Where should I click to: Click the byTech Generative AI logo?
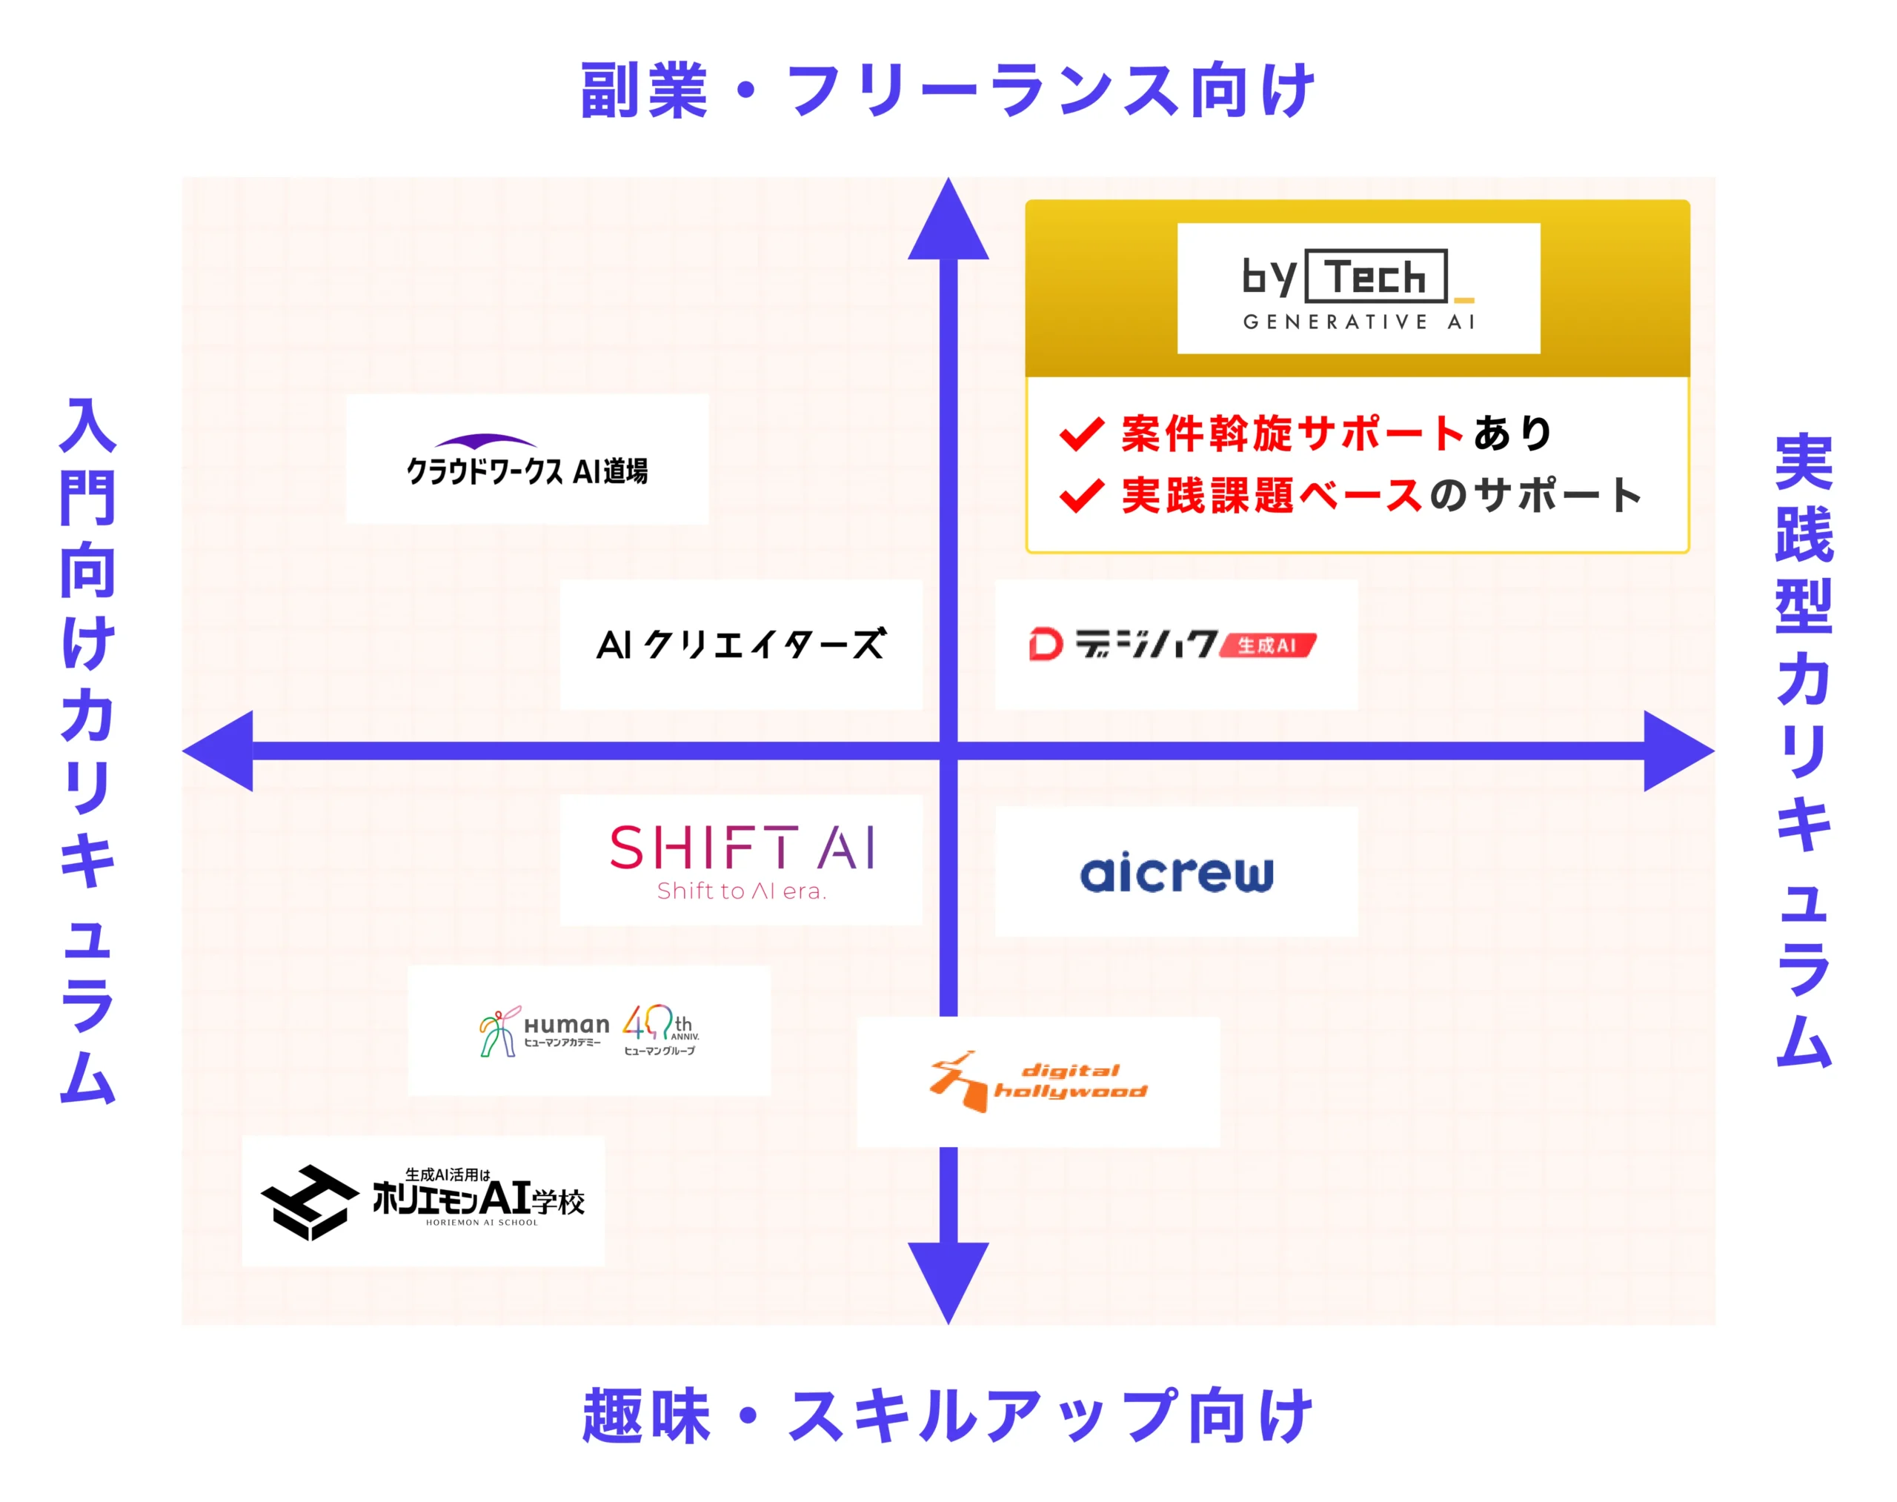(1357, 288)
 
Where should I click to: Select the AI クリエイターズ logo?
(740, 645)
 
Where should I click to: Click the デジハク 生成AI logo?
(1174, 645)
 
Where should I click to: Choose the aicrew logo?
(1176, 872)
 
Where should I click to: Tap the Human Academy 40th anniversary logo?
(588, 1031)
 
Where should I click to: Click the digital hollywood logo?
(1037, 1082)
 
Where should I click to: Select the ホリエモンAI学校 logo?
(423, 1201)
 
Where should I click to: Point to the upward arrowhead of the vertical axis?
(947, 225)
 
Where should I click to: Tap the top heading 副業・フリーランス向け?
(947, 90)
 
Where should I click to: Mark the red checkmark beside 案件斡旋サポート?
(1081, 433)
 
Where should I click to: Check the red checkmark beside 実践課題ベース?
(1081, 496)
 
